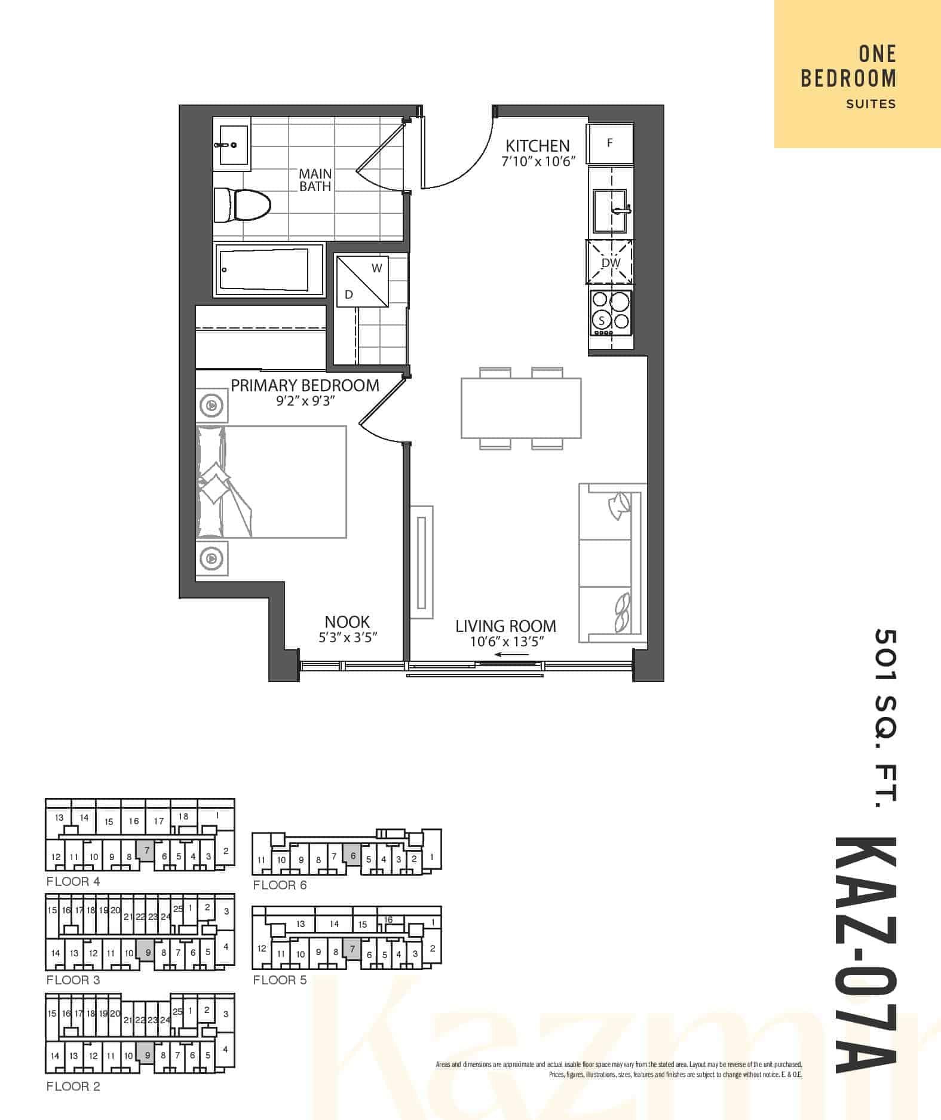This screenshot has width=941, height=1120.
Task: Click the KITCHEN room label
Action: point(537,146)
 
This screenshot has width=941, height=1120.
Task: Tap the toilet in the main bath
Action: point(242,205)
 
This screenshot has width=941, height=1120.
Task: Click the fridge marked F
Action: point(610,143)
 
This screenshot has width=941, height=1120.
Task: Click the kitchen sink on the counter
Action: point(610,211)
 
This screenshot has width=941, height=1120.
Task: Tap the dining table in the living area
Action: point(521,408)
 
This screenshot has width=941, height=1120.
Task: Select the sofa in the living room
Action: point(613,563)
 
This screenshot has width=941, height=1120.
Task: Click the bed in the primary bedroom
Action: point(271,481)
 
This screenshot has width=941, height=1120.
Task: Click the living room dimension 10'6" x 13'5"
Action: point(507,642)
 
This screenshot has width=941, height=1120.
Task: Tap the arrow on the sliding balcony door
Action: point(512,655)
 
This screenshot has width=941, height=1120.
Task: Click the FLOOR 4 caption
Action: point(73,882)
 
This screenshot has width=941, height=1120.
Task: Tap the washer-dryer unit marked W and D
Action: point(363,281)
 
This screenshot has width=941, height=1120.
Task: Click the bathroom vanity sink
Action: point(232,145)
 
